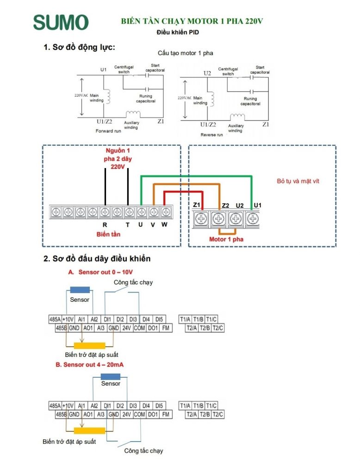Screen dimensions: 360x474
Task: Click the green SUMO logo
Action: click(x=61, y=22)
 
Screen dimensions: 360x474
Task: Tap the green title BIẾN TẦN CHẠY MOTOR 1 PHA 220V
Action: click(x=192, y=21)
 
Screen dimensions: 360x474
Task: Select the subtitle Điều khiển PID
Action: click(x=178, y=32)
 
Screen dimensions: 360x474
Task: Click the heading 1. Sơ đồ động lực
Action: click(x=79, y=47)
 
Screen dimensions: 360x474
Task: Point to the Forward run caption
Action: click(x=108, y=131)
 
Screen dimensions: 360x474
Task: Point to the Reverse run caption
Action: click(x=211, y=135)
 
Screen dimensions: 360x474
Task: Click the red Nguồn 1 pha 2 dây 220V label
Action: click(x=118, y=158)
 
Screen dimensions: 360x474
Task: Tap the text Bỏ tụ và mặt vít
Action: click(x=298, y=181)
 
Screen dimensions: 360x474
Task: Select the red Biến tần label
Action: click(x=108, y=234)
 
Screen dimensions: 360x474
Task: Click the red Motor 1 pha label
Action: click(x=226, y=239)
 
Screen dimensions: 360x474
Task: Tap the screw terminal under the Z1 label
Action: click(x=201, y=218)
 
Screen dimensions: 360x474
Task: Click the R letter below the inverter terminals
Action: click(x=105, y=225)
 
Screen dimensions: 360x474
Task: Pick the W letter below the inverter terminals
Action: click(x=164, y=225)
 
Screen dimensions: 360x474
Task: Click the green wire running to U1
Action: click(x=196, y=176)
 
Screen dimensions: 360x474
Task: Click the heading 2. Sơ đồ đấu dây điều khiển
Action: click(x=97, y=259)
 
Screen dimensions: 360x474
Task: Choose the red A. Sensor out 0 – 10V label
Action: click(x=100, y=272)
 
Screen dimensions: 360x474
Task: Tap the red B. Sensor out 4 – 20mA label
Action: click(x=89, y=365)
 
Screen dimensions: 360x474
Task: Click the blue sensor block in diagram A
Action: click(x=80, y=290)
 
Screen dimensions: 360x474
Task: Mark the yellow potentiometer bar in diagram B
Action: click(x=89, y=431)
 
